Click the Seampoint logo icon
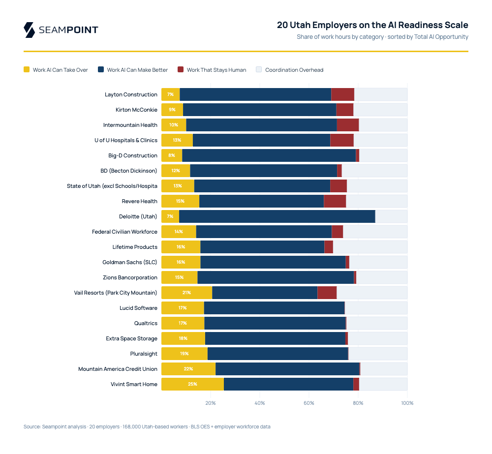click(x=29, y=30)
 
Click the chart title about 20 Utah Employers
click(x=372, y=25)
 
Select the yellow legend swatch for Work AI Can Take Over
click(x=27, y=70)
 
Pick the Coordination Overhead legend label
click(x=294, y=70)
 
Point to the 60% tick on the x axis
click(x=309, y=403)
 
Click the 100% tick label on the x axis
click(x=407, y=403)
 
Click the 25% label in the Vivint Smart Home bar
click(x=192, y=384)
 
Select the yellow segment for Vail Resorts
click(x=186, y=293)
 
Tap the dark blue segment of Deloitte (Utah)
click(x=277, y=216)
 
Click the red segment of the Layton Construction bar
click(x=342, y=94)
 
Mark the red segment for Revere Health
click(x=335, y=201)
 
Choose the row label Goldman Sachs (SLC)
click(x=130, y=262)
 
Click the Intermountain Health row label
click(x=130, y=125)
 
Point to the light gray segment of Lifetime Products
click(x=370, y=247)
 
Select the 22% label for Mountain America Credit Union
click(x=188, y=369)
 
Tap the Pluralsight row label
click(x=144, y=354)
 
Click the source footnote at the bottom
click(x=147, y=426)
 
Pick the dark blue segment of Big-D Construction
click(x=269, y=155)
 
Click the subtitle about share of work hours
click(x=382, y=37)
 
